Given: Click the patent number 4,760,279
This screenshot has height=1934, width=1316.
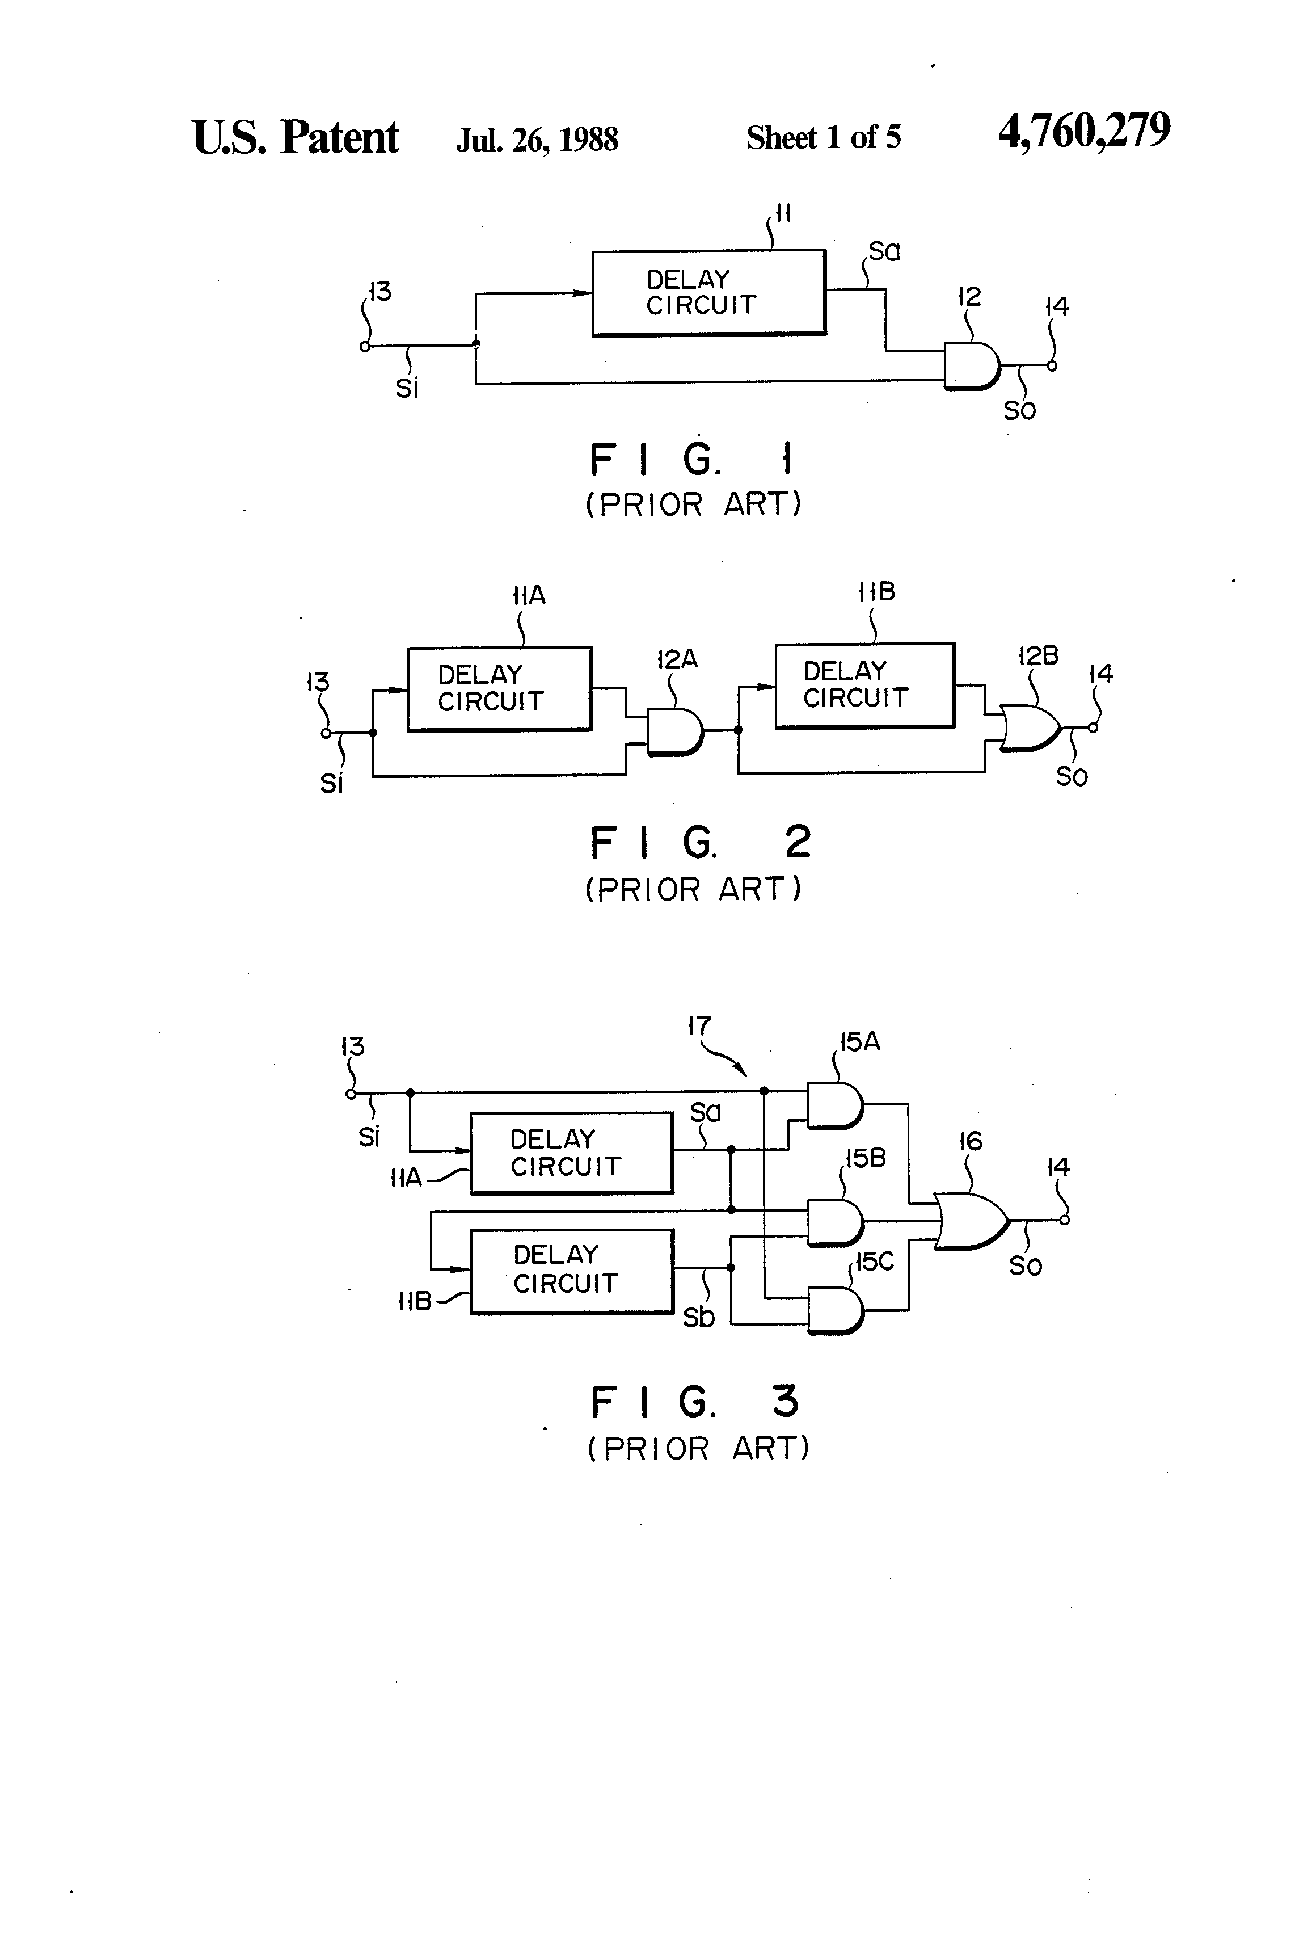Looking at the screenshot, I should click(x=1084, y=132).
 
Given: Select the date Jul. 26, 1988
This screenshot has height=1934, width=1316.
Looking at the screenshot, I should click(x=537, y=139).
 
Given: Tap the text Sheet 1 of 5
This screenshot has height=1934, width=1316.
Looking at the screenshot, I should click(x=822, y=137).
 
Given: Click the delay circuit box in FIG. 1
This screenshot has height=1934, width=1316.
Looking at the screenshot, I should click(x=708, y=292).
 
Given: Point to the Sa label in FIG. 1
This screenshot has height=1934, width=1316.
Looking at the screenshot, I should click(x=884, y=251).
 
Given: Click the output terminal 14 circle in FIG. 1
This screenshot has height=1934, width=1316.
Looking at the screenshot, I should click(x=1052, y=365).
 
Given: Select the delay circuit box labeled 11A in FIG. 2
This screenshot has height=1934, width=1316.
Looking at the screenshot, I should click(x=499, y=688).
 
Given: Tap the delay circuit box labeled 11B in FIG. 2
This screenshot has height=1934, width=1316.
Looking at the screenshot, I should click(x=864, y=685).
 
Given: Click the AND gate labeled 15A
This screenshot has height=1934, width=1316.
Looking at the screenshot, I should click(x=835, y=1105).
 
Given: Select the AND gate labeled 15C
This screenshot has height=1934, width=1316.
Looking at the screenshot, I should click(x=835, y=1311).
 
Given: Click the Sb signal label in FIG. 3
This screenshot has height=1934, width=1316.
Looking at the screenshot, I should click(x=699, y=1317).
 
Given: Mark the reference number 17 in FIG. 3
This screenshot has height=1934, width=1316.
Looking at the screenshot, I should click(x=699, y=1026).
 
